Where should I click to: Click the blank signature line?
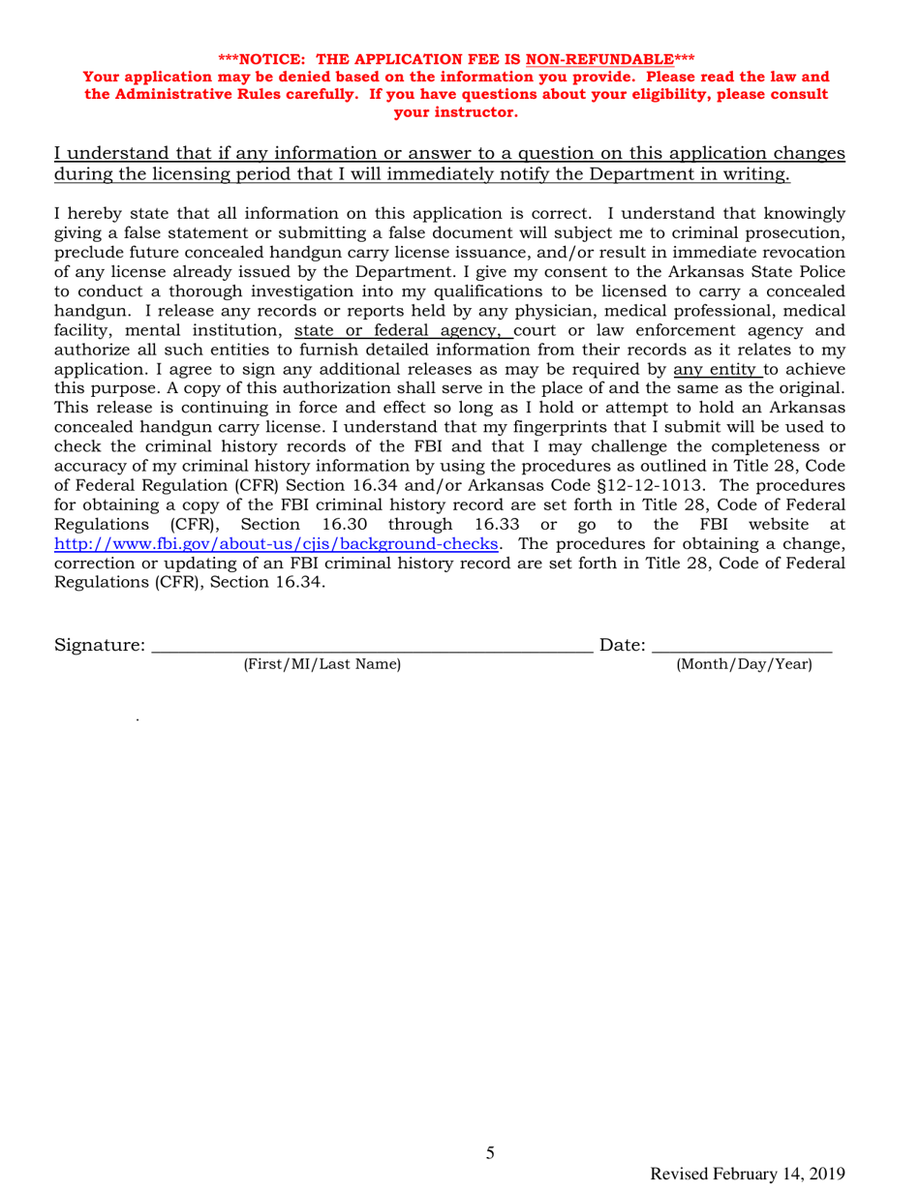coord(373,644)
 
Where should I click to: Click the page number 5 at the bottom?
coord(490,1152)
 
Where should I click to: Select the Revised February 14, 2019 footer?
coord(750,1174)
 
